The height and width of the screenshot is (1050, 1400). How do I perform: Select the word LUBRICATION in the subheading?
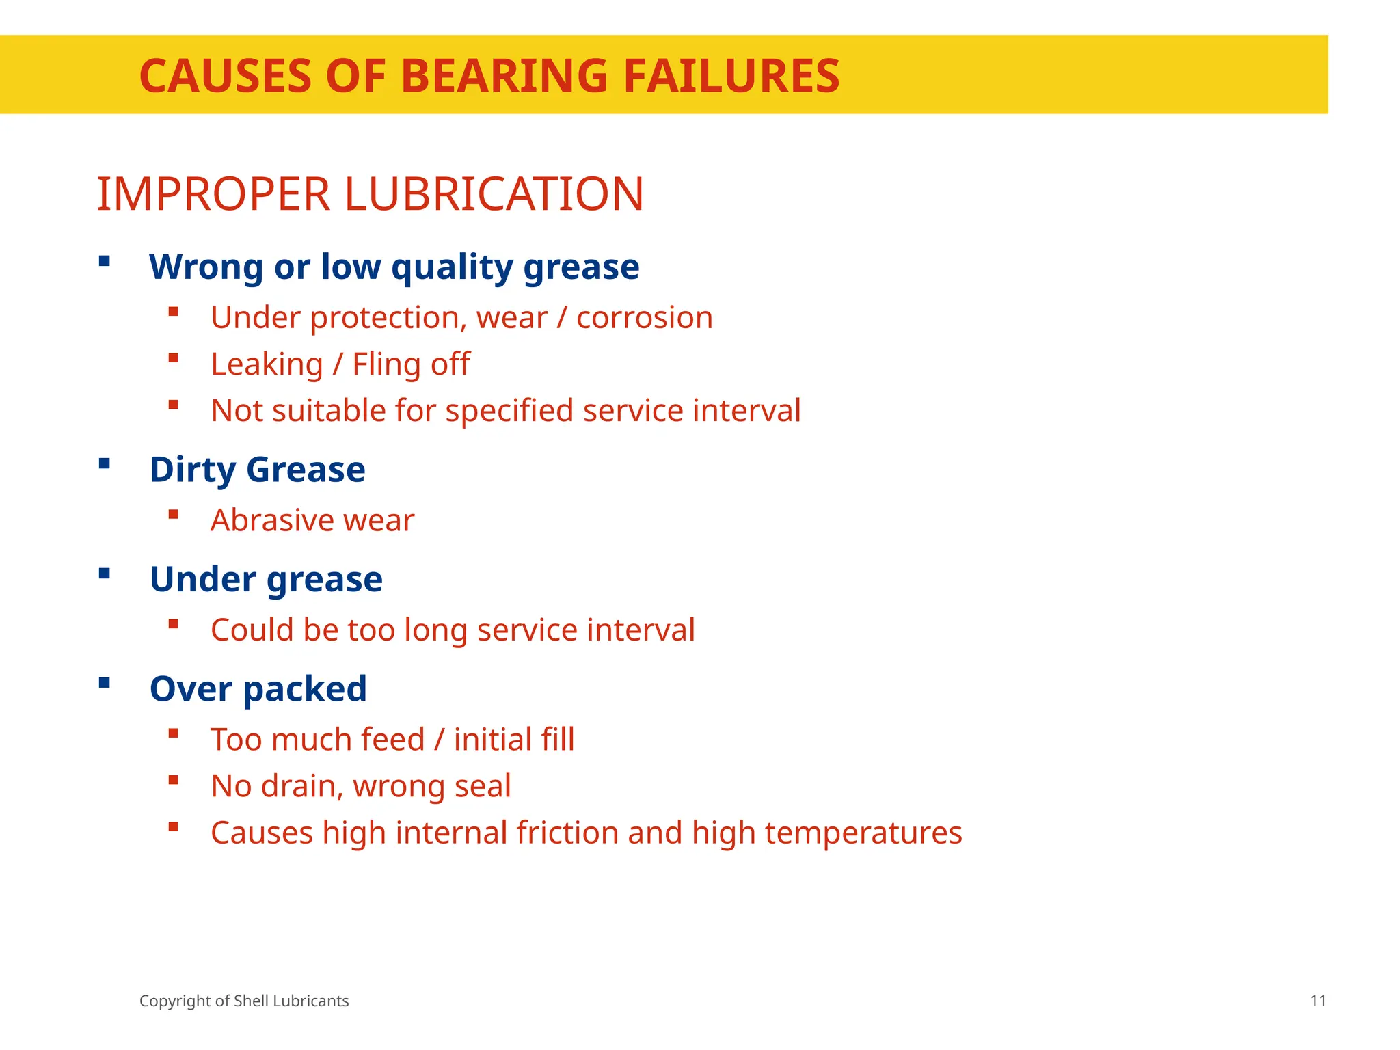[x=494, y=194]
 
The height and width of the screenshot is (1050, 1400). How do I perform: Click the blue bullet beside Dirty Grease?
[x=105, y=464]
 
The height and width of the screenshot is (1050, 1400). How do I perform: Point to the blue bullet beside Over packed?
[x=105, y=683]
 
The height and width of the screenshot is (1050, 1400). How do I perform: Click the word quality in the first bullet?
[x=452, y=267]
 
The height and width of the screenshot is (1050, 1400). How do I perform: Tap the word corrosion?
[x=644, y=318]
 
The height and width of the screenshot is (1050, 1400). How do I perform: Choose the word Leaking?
[x=267, y=364]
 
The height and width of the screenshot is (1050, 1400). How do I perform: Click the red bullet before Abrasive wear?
[x=174, y=515]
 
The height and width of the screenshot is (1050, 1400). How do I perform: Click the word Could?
[x=252, y=630]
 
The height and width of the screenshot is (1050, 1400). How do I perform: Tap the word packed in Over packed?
[x=305, y=689]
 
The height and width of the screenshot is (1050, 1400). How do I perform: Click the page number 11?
[x=1318, y=1001]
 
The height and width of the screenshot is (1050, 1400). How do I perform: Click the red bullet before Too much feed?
[x=174, y=733]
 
